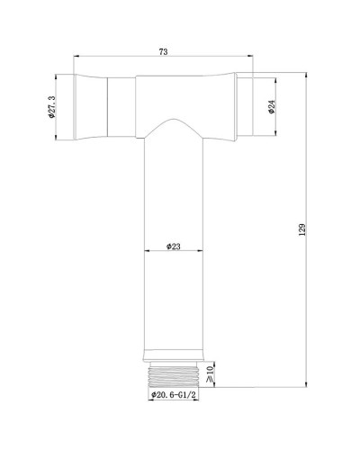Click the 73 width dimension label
[163, 53]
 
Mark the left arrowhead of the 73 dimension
[76, 59]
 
